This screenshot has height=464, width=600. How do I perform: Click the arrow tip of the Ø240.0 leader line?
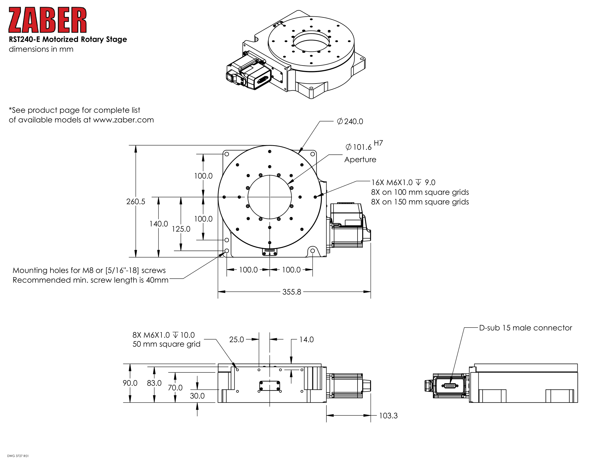[299, 153]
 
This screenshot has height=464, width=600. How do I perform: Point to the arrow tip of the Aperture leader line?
[288, 184]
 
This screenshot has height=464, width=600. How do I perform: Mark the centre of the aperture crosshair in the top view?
[269, 197]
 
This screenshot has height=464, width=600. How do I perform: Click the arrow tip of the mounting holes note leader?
[224, 253]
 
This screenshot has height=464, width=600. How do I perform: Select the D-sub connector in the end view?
[450, 386]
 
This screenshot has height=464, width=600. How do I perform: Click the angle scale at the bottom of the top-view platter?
[269, 252]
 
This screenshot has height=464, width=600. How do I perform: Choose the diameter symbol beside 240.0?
[340, 121]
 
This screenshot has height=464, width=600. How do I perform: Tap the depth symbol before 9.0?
[418, 182]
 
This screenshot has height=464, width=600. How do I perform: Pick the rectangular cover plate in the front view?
[269, 386]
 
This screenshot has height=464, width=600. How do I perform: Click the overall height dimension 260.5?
[136, 201]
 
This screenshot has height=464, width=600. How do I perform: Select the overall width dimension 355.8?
[292, 292]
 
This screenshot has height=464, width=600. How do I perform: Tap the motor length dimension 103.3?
[388, 415]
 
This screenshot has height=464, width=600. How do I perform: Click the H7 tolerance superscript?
[378, 143]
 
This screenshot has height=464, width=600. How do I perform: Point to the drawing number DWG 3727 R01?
[18, 456]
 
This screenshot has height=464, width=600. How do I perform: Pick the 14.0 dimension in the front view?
[306, 340]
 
